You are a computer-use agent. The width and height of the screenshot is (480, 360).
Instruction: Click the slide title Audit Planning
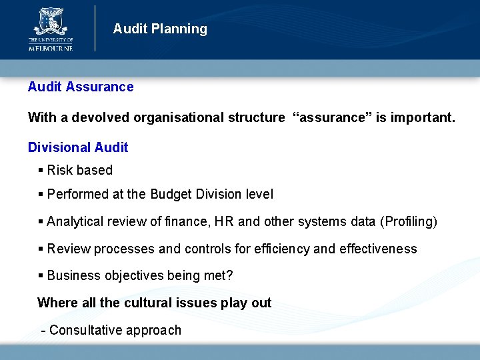tap(160, 29)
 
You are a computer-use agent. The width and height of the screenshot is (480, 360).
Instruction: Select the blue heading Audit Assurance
tap(81, 87)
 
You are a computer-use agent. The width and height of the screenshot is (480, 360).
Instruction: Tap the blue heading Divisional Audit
tap(78, 147)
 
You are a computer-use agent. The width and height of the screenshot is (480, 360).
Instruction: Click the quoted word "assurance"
tap(331, 118)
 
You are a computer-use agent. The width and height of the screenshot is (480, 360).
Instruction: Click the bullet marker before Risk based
tap(41, 171)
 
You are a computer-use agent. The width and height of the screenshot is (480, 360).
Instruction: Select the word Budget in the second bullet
tap(171, 195)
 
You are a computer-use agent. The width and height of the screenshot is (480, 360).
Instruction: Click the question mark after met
tap(229, 276)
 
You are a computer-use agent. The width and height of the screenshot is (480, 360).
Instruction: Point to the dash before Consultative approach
tap(43, 330)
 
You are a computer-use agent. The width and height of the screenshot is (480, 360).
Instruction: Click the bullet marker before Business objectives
tap(41, 276)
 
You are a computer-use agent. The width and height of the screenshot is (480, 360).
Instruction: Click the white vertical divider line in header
tap(95, 28)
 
